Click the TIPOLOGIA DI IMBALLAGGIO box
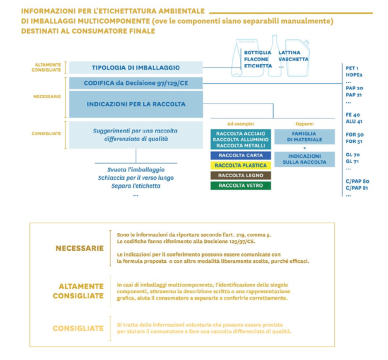pos(136,67)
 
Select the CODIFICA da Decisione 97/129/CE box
pos(136,83)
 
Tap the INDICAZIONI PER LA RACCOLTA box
pos(136,104)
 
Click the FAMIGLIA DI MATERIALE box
pos(304,136)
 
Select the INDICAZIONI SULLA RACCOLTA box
pos(304,159)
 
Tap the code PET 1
pos(352,68)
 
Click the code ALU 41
pos(353,121)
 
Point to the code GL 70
pos(353,154)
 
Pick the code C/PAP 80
pos(358,181)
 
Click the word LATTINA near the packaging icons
pos(289,52)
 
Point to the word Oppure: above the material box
pos(304,124)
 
